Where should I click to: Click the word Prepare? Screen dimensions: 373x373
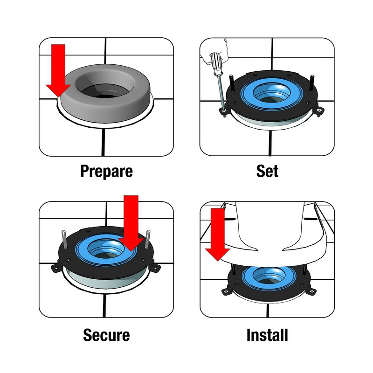106,171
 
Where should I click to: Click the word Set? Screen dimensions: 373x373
267,171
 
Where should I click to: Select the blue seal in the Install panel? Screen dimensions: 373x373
267,276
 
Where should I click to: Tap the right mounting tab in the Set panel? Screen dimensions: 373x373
320,111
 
